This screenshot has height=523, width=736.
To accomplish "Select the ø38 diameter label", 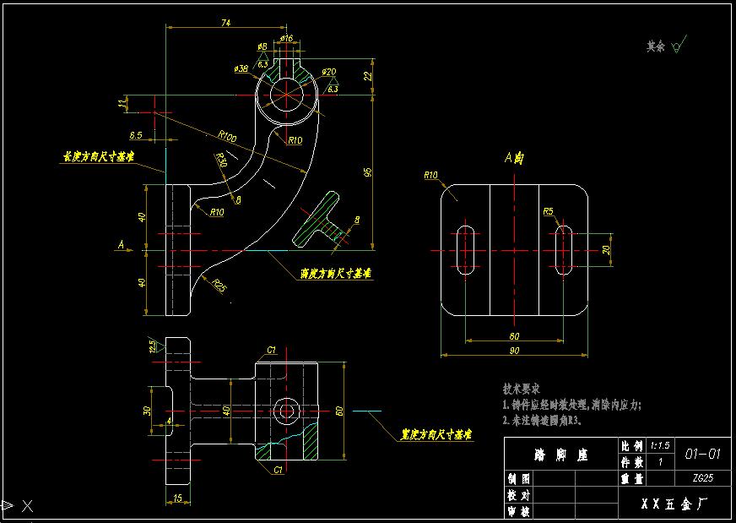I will [x=240, y=68].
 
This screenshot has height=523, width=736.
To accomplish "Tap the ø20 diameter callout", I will [x=329, y=72].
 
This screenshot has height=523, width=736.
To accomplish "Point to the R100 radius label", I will [x=226, y=135].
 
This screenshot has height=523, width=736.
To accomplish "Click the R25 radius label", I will [x=219, y=286].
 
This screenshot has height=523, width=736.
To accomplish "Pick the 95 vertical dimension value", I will [x=368, y=172].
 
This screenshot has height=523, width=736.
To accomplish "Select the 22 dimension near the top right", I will [x=368, y=76].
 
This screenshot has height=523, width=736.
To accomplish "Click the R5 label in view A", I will [x=549, y=211].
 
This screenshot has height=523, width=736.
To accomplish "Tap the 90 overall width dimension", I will [x=514, y=351].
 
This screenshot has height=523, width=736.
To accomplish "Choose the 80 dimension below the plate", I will [x=514, y=336].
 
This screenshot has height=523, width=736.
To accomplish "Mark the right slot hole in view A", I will [x=564, y=250].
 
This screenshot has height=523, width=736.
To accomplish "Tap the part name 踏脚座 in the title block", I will [x=560, y=455].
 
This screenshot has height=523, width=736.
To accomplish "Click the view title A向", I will [x=514, y=157].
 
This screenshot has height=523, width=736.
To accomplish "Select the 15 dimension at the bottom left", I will [x=176, y=498].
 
